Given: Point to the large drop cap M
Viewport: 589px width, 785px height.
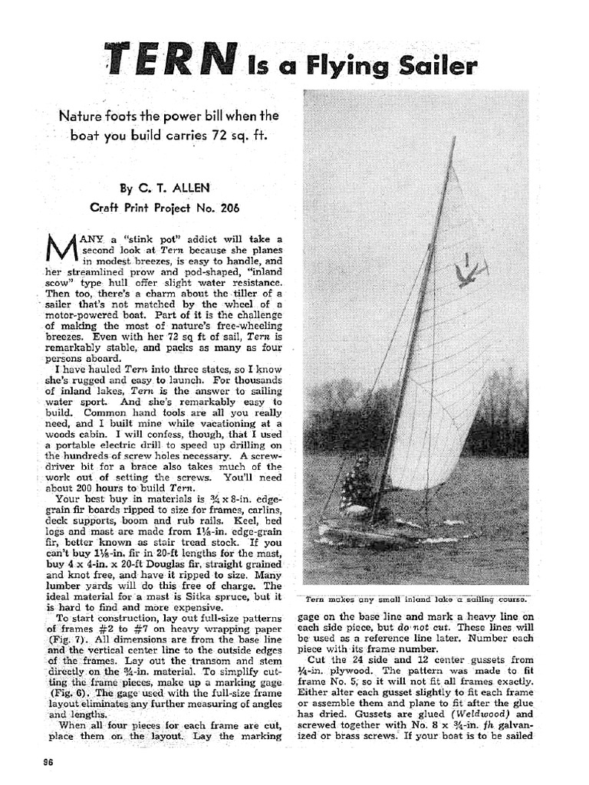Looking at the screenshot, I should (61, 246).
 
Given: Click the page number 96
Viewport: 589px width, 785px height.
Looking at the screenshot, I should (48, 762).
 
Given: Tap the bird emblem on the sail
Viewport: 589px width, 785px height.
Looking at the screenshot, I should (467, 271).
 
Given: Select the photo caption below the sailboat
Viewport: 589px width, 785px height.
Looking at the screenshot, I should (416, 599).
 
